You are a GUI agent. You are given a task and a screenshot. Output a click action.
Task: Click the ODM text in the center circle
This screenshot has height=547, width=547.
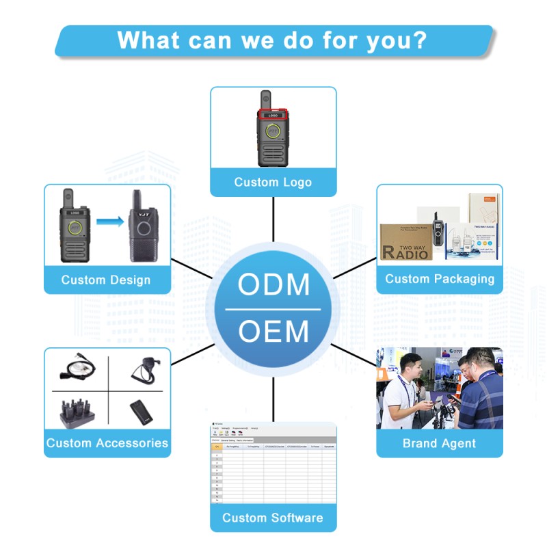[x=273, y=284]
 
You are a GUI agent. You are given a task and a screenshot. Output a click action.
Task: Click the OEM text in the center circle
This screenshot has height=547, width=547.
[x=273, y=332]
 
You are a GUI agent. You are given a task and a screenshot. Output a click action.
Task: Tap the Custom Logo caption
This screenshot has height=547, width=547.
[x=273, y=183]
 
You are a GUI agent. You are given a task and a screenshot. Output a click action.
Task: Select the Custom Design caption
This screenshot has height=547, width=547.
[x=106, y=280]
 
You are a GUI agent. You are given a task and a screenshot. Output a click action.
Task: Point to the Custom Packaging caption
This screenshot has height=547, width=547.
[x=440, y=279]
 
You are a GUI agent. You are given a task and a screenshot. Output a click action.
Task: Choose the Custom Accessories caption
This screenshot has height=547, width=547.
[x=107, y=443]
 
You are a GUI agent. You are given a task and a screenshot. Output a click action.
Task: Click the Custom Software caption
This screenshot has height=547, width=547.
[x=273, y=518]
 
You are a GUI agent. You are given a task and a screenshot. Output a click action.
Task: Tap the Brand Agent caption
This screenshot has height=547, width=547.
[x=439, y=444]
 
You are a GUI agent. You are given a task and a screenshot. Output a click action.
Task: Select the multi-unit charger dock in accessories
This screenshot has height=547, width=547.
[x=77, y=412]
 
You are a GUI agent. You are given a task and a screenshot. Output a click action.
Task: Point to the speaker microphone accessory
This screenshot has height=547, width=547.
[x=144, y=370]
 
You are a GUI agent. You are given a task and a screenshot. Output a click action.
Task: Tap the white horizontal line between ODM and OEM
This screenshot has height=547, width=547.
[x=273, y=309]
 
